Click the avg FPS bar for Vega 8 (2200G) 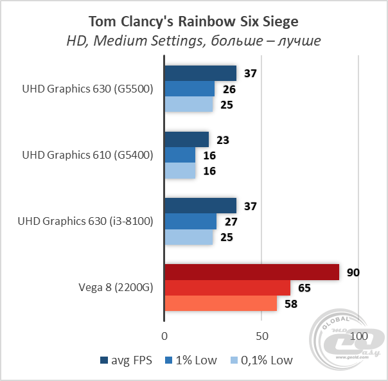252,272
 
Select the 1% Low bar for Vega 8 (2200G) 227,287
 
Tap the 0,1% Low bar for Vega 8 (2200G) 221,303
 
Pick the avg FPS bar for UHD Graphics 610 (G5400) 187,139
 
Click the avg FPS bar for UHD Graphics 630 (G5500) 200,73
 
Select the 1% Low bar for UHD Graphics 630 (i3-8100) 191,222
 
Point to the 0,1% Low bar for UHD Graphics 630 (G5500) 189,104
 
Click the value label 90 353,272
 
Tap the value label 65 304,287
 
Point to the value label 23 223,139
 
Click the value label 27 231,222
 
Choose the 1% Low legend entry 191,360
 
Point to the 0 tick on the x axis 165,337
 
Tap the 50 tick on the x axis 261,337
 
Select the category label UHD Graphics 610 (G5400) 87,155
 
